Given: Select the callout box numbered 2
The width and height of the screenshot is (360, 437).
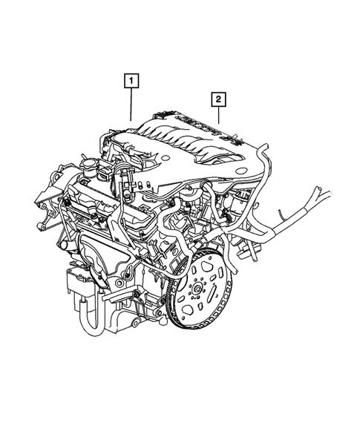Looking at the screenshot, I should click(x=219, y=98).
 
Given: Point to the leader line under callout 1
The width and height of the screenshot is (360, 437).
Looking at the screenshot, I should click(x=131, y=104).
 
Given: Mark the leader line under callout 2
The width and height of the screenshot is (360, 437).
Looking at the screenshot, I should click(x=219, y=114).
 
